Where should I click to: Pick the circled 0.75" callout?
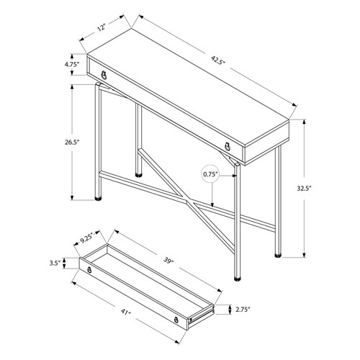pyautogui.click(x=210, y=174)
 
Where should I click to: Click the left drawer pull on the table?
pyautogui.click(x=106, y=75)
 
